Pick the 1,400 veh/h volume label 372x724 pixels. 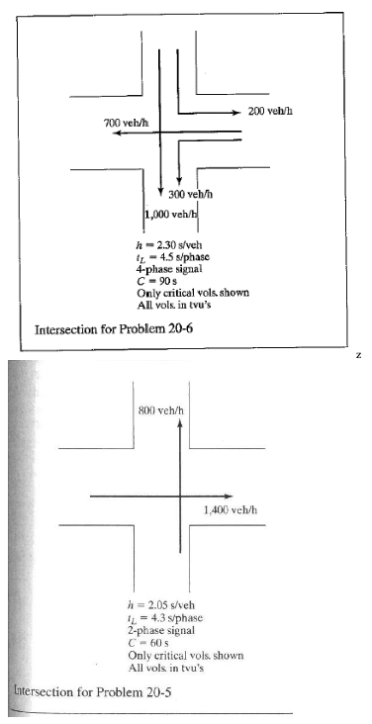point(230,509)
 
